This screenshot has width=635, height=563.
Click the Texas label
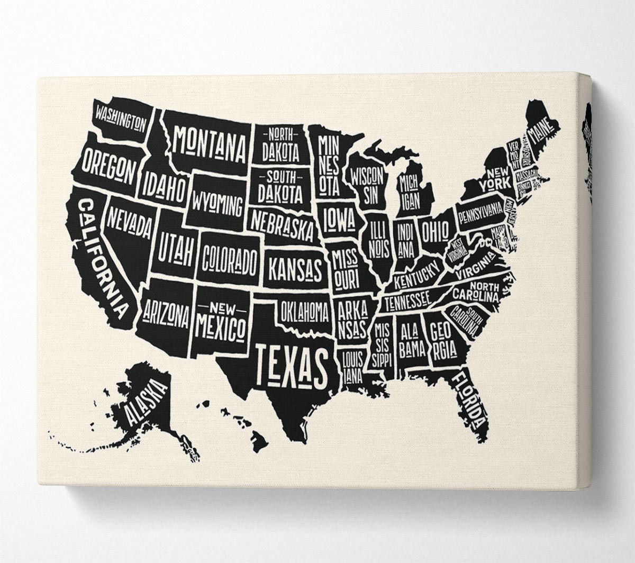pyautogui.click(x=292, y=365)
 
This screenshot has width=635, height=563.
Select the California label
pyautogui.click(x=103, y=257)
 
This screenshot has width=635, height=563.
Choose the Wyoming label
pyautogui.click(x=217, y=204)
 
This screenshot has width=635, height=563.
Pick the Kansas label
pyautogui.click(x=295, y=269)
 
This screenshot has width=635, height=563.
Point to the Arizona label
pyautogui.click(x=165, y=314)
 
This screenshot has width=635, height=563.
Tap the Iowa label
pyautogui.click(x=339, y=220)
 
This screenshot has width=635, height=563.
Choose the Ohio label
pyautogui.click(x=435, y=231)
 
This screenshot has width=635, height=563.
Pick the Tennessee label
pyautogui.click(x=407, y=302)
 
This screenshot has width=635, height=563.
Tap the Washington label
pyautogui.click(x=121, y=118)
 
